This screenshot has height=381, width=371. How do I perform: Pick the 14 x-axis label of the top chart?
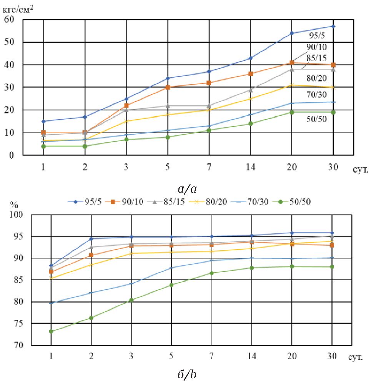coord(250,168)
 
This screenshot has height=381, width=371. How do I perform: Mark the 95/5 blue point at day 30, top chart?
coord(333,26)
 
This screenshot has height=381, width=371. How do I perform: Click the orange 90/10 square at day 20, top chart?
coord(292,62)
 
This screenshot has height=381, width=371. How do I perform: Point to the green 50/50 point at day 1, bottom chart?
coord(51,331)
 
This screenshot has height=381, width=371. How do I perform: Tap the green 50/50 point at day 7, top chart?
coord(209,130)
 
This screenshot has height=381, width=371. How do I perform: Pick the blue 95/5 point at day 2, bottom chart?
coord(91,239)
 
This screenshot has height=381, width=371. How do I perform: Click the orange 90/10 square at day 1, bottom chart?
coord(51,271)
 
